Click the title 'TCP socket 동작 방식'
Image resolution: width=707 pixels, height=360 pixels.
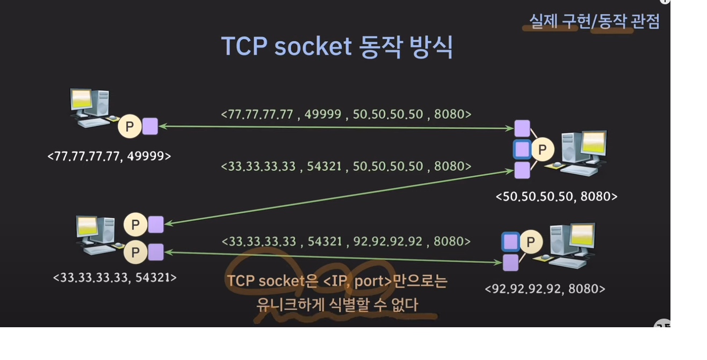337,47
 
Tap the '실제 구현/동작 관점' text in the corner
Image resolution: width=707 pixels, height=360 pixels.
594,21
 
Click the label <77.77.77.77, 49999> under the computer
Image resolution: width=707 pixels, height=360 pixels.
109,156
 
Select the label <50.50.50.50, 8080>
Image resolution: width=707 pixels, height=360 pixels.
556,197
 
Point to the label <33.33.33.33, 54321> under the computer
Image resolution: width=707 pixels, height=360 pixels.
114,277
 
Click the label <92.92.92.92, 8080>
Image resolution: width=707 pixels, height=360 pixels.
545,289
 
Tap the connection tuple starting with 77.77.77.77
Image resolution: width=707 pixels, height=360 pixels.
346,114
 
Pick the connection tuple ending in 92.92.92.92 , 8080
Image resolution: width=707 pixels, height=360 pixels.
346,241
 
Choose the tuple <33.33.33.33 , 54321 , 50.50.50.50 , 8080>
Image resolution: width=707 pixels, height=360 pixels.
346,167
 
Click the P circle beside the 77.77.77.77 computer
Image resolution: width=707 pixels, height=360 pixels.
129,127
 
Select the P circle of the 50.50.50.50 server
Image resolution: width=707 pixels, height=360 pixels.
542,149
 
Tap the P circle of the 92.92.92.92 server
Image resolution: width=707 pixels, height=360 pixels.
531,242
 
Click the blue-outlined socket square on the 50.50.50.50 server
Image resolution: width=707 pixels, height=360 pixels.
522,149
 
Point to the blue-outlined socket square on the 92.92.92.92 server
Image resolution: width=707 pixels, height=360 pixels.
510,242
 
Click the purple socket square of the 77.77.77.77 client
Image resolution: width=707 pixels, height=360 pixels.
150,127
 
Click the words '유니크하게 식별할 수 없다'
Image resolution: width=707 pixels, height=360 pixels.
337,305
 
